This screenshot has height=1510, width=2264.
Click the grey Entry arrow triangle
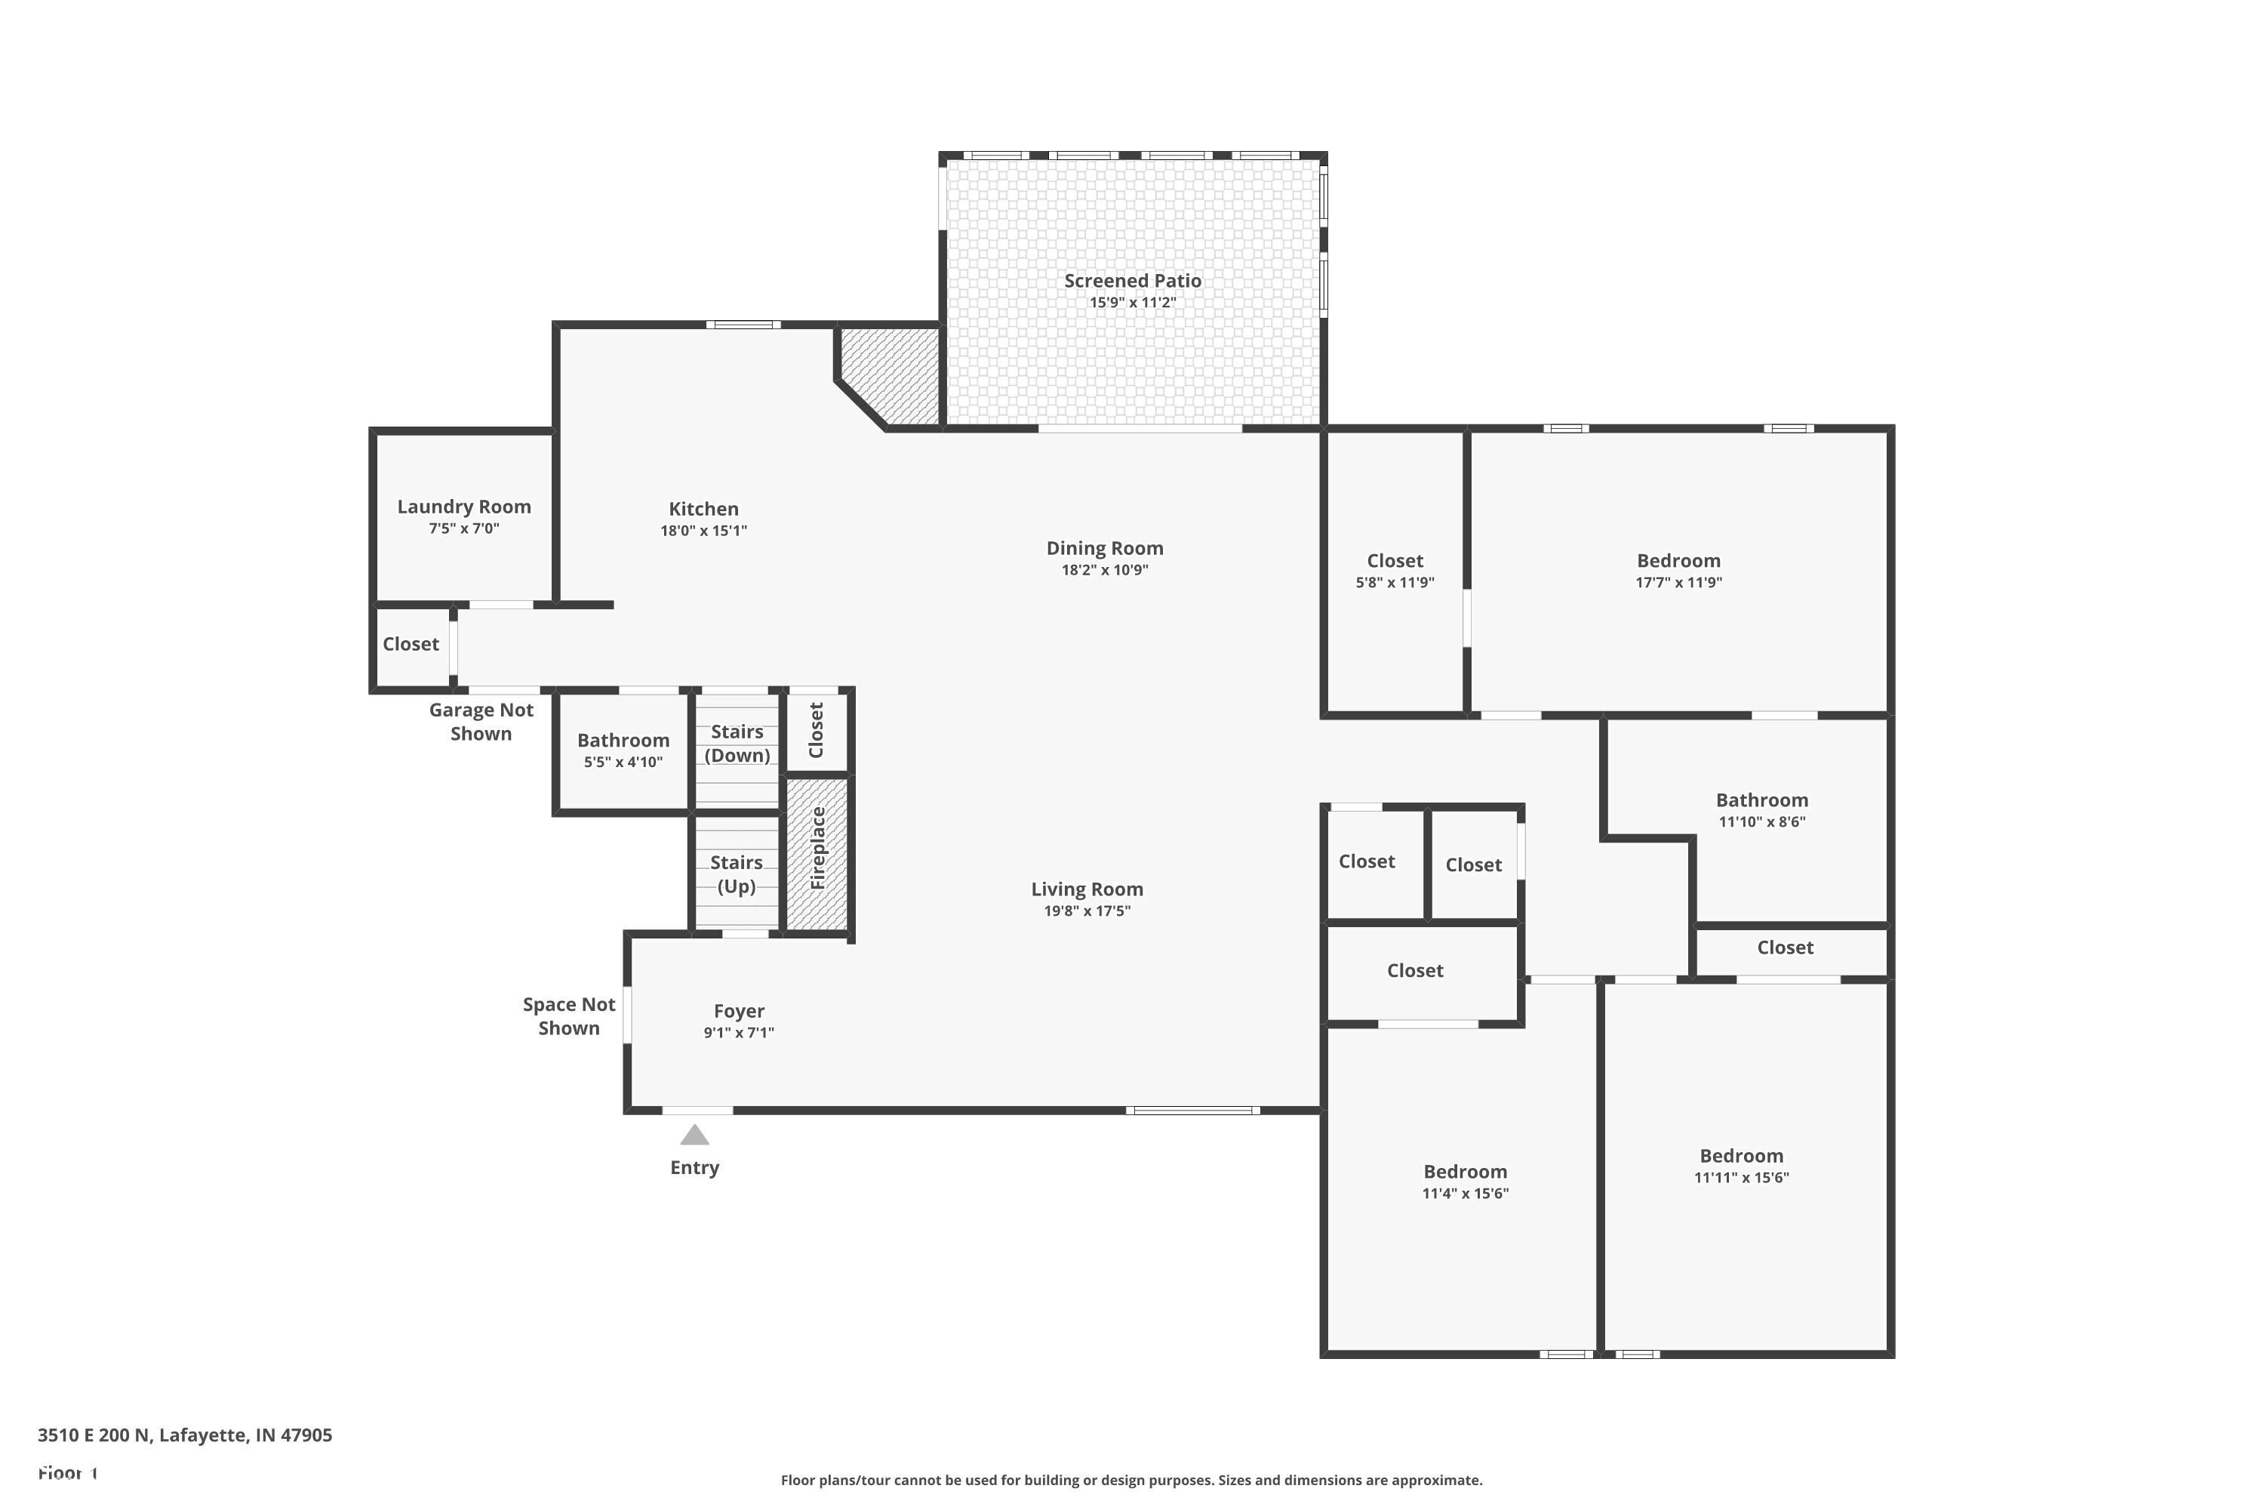tap(694, 1136)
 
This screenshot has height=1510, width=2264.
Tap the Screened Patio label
tap(1132, 280)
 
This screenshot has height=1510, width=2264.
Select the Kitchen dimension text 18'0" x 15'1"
tap(703, 531)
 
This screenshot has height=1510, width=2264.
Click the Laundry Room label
tap(464, 507)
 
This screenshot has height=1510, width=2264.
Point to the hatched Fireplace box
tap(817, 853)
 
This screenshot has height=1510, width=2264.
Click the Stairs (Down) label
tap(737, 744)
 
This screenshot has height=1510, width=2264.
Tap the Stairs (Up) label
tap(737, 874)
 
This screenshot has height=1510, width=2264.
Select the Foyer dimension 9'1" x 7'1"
tap(738, 1032)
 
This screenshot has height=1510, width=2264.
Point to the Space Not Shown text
tap(568, 1016)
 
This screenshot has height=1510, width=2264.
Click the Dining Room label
tap(1104, 548)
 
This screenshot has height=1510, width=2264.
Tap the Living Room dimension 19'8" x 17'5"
tap(1087, 911)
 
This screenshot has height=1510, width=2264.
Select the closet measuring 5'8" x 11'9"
tap(1394, 570)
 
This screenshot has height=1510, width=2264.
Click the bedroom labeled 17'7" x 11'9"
tap(1678, 570)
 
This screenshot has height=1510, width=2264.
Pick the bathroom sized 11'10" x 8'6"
tap(1761, 810)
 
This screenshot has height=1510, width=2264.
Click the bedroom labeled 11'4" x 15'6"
tap(1464, 1182)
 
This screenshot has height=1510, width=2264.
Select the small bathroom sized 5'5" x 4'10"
tap(623, 750)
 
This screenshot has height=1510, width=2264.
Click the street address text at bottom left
tap(185, 1435)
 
